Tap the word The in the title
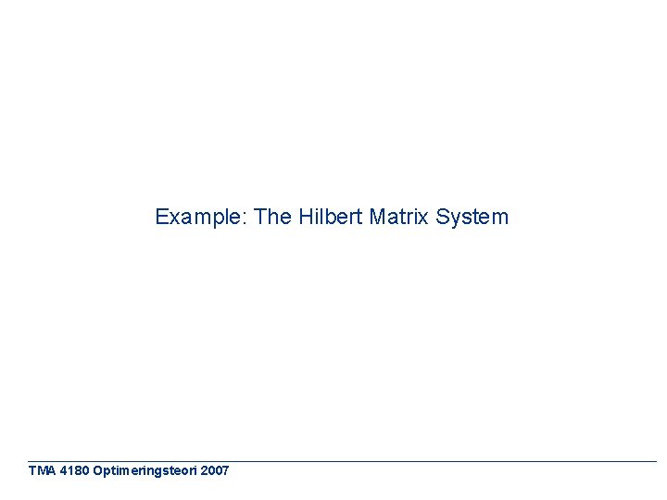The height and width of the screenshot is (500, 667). pyautogui.click(x=272, y=218)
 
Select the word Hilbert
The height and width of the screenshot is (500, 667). pyautogui.click(x=330, y=218)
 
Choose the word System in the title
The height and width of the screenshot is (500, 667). pyautogui.click(x=472, y=218)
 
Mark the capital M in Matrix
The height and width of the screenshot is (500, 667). pyautogui.click(x=377, y=218)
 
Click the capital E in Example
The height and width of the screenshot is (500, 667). pyautogui.click(x=161, y=218)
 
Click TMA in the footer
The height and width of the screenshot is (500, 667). pyautogui.click(x=41, y=471)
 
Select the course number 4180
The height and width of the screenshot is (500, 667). pyautogui.click(x=74, y=471)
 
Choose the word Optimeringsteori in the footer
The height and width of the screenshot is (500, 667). pyautogui.click(x=145, y=471)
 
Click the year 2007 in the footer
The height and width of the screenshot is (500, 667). pyautogui.click(x=214, y=471)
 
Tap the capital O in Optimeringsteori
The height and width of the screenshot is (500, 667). pyautogui.click(x=99, y=471)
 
